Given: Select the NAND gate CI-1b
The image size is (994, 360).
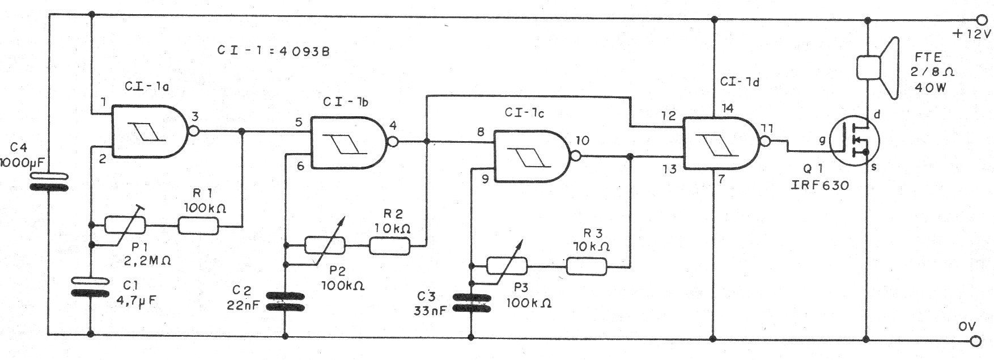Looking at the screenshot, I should (x=347, y=142).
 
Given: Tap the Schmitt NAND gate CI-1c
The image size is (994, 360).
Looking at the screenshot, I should (x=530, y=156).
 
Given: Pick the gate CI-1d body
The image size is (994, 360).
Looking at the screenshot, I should (x=720, y=143).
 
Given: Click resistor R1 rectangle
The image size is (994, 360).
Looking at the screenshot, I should (x=198, y=226).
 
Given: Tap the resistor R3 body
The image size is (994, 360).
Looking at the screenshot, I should (x=587, y=265).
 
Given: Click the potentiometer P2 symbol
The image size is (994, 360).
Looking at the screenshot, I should (x=325, y=245).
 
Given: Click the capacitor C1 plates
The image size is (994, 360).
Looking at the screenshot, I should (x=91, y=286).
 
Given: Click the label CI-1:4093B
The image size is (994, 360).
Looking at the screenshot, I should (x=273, y=50).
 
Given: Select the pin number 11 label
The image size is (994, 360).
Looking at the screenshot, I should (x=767, y=128).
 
